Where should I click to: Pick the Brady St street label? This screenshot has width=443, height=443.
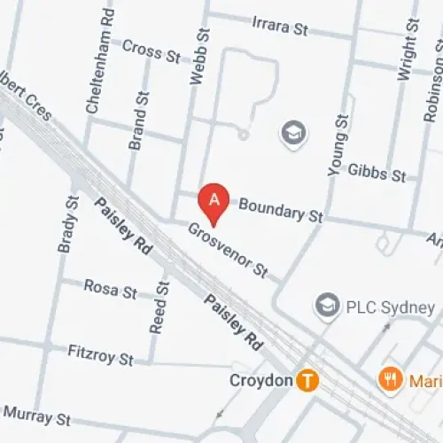click(67, 224)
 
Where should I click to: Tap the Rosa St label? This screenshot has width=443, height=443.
click(111, 287)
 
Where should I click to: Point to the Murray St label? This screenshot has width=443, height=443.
click(37, 415)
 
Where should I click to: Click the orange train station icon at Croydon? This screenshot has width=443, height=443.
click(307, 381)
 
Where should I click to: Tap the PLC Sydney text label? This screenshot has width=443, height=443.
click(389, 308)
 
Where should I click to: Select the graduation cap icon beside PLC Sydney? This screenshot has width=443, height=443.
click(328, 307)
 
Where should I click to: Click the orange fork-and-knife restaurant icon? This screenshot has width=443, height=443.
click(389, 381)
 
